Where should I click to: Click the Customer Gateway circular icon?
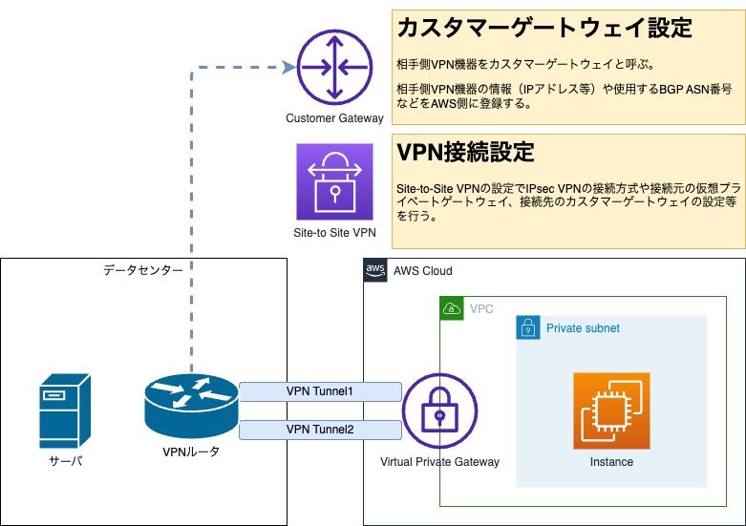(334, 68)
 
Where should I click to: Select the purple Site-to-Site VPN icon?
(334, 181)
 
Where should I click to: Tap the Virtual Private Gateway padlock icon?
(439, 411)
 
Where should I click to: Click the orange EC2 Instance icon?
(611, 410)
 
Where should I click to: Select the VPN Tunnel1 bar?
(320, 391)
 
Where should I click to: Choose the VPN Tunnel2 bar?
(320, 430)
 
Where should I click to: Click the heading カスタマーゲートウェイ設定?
(544, 29)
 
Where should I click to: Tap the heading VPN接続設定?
(465, 152)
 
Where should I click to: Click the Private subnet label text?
(583, 328)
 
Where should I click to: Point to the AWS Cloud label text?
(422, 271)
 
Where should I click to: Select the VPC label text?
(481, 309)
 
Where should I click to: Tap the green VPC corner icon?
(452, 309)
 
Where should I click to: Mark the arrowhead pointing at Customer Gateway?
(288, 67)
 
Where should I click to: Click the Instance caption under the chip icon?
(611, 462)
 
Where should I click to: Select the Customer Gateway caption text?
(334, 118)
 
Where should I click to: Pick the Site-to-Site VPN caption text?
(334, 232)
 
